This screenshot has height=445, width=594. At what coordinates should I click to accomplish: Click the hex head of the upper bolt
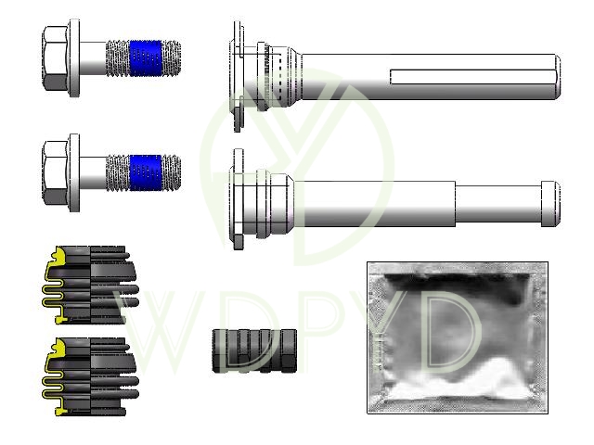(56, 58)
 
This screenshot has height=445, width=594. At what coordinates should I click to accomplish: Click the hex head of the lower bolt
(56, 173)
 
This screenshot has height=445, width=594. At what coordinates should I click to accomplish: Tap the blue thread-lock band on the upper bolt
(146, 58)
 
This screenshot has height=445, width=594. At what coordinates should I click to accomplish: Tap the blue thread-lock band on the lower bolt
(146, 172)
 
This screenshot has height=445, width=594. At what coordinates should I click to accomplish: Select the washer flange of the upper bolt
(74, 57)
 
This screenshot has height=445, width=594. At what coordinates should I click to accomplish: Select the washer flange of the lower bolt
(74, 172)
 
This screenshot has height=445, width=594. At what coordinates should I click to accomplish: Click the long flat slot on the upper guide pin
(472, 77)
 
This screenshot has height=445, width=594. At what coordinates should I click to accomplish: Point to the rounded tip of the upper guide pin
(558, 77)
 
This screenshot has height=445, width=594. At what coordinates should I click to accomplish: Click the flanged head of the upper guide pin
(238, 77)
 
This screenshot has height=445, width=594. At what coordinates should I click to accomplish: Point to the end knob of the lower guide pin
(550, 204)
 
